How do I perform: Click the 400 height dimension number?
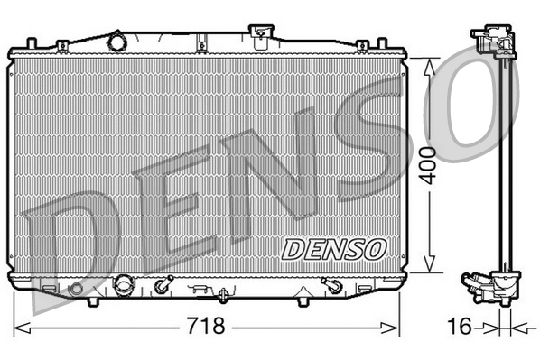[x=433, y=163]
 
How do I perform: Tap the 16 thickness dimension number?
[x=460, y=326]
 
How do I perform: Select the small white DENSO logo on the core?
[x=335, y=246]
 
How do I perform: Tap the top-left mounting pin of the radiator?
[x=32, y=43]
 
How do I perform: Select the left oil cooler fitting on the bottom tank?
[x=163, y=287]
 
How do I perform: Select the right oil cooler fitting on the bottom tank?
[x=331, y=286]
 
